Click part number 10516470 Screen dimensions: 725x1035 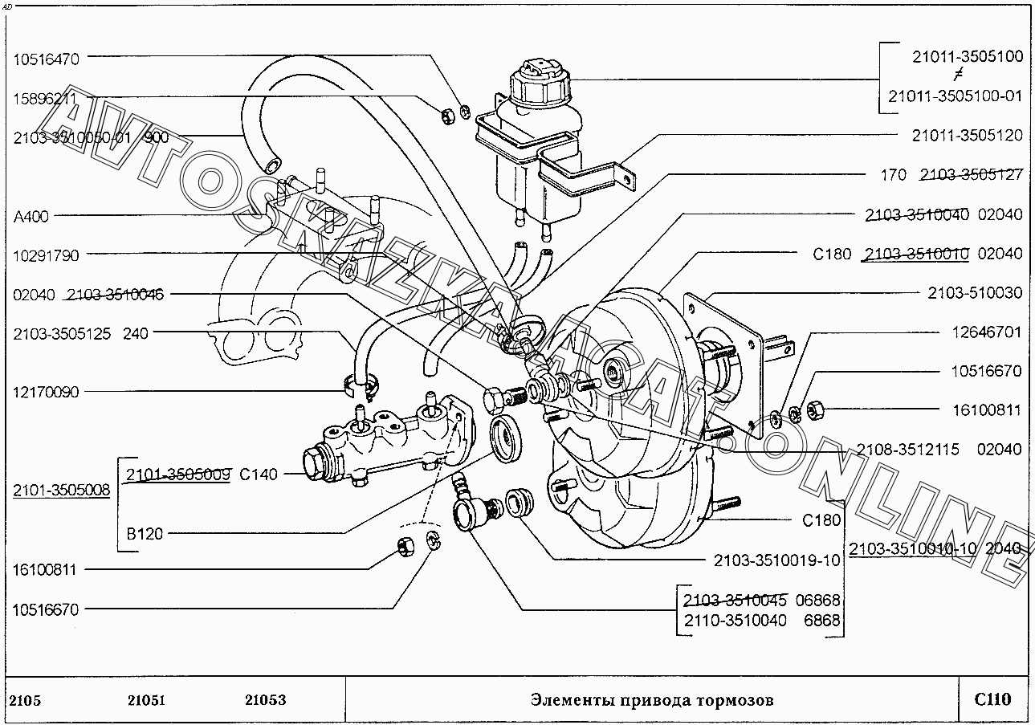pyautogui.click(x=46, y=58)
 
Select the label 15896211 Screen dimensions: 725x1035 pyautogui.click(x=46, y=98)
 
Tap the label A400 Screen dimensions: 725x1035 pyautogui.click(x=32, y=216)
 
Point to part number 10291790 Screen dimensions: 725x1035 pyautogui.click(x=46, y=255)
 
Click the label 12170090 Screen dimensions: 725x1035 pyautogui.click(x=46, y=392)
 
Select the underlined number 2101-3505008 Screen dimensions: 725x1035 pyautogui.click(x=61, y=490)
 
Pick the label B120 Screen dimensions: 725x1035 pyautogui.click(x=145, y=533)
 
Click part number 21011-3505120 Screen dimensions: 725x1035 pyautogui.click(x=967, y=136)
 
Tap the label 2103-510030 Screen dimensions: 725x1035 pyautogui.click(x=975, y=293)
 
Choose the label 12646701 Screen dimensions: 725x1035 pyautogui.click(x=986, y=332)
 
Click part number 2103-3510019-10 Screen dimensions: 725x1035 pyautogui.click(x=776, y=560)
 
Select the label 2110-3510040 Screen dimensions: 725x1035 pyautogui.click(x=735, y=621)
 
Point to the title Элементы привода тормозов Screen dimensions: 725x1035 pyautogui.click(x=652, y=700)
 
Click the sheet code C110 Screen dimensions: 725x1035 pyautogui.click(x=992, y=699)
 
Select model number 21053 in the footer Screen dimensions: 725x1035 pyautogui.click(x=265, y=700)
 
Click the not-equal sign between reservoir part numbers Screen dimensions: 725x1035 pyautogui.click(x=956, y=76)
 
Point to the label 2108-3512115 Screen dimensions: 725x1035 pyautogui.click(x=907, y=450)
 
